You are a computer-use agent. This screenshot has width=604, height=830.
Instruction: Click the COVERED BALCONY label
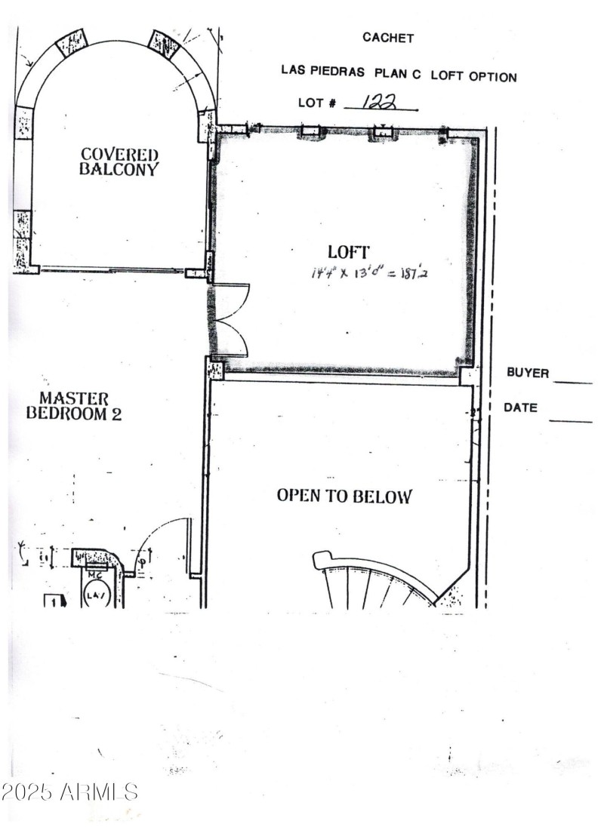click(x=120, y=161)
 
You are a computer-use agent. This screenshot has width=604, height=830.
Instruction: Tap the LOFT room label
click(x=348, y=252)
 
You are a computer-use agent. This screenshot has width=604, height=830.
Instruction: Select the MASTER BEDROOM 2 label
click(x=74, y=405)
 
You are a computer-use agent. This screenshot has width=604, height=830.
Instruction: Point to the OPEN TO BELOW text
click(x=344, y=496)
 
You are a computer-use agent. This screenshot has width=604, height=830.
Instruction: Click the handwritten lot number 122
click(x=381, y=102)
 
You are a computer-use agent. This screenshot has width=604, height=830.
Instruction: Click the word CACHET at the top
click(x=388, y=38)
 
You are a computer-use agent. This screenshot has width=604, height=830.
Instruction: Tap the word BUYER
click(x=528, y=373)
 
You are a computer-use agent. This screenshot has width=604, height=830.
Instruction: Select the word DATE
click(x=521, y=407)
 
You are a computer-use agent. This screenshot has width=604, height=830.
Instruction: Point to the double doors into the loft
click(x=231, y=320)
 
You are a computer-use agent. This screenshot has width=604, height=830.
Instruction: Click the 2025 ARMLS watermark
click(x=69, y=792)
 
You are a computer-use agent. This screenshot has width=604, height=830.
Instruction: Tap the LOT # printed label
click(x=317, y=103)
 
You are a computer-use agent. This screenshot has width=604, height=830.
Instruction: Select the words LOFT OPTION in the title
click(x=474, y=76)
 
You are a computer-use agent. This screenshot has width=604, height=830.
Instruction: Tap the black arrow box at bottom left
click(x=54, y=601)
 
